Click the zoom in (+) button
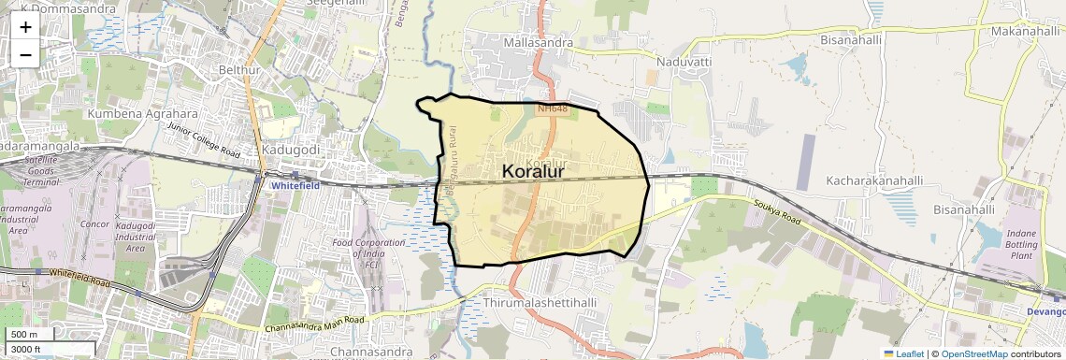(x=25, y=26)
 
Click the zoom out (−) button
(x=25, y=54)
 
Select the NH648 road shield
(x=553, y=109)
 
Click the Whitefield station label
(x=295, y=186)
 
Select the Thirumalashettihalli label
(x=541, y=304)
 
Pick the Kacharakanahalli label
(x=875, y=180)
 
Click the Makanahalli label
(x=1026, y=31)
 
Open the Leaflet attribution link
(x=903, y=353)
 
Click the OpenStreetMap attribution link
(x=973, y=353)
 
